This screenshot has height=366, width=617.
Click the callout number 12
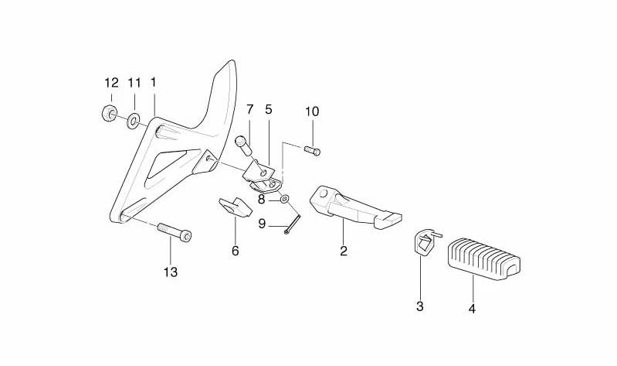click(x=111, y=84)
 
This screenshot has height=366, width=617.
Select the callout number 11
click(x=134, y=84)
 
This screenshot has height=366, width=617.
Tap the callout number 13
click(x=171, y=272)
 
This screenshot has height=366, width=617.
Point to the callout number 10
click(x=312, y=111)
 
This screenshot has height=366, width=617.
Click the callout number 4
click(x=472, y=309)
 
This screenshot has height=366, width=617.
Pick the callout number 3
click(x=420, y=306)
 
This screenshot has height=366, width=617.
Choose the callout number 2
click(x=344, y=251)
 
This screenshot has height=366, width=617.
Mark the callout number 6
click(x=236, y=251)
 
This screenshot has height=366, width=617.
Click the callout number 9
click(x=262, y=224)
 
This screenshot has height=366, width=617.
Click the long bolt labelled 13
click(x=175, y=232)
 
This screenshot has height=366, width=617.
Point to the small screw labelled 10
click(x=313, y=151)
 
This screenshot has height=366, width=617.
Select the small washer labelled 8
click(x=284, y=199)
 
